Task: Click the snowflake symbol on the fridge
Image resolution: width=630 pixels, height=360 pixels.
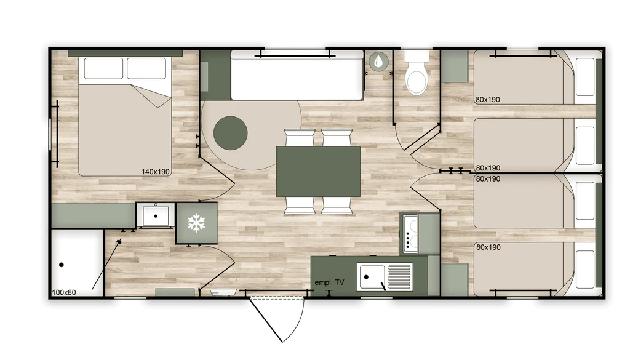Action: [x=196, y=223]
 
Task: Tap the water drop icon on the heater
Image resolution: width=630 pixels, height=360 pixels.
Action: [x=378, y=62]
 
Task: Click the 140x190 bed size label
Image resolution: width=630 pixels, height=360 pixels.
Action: [x=156, y=172]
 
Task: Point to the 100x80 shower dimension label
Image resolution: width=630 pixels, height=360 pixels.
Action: [x=64, y=292]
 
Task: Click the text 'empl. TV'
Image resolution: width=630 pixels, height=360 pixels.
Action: [x=329, y=282]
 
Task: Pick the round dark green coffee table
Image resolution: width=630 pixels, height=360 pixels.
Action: [x=230, y=133]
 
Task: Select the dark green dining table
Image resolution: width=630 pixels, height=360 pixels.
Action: [x=318, y=172]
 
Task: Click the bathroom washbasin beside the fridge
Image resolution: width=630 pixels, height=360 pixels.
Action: [x=156, y=216]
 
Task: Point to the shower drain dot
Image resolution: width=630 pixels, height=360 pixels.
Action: [x=62, y=265]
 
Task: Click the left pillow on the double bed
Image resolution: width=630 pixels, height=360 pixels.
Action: [x=103, y=68]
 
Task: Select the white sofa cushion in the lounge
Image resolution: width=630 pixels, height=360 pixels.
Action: [x=297, y=76]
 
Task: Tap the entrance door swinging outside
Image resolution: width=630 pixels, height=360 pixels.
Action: [x=277, y=319]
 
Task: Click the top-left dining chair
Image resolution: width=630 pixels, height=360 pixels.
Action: [x=300, y=137]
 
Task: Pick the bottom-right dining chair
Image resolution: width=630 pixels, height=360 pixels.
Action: [x=337, y=206]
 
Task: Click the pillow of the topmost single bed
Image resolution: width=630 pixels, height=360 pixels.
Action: [x=585, y=76]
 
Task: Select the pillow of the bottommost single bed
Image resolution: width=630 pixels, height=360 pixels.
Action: [x=585, y=269]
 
